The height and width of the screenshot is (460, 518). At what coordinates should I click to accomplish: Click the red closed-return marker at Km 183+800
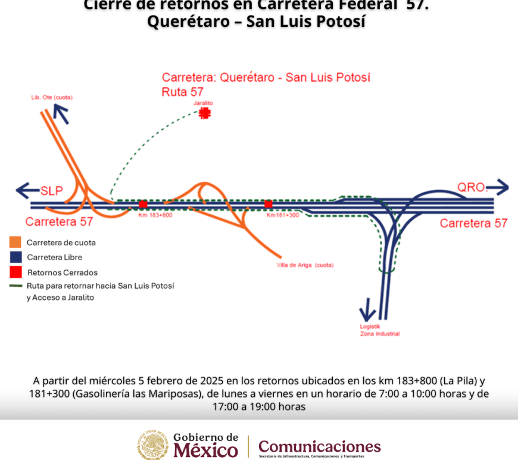tap(143, 204)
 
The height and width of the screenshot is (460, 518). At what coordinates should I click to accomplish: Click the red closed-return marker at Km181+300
tap(269, 204)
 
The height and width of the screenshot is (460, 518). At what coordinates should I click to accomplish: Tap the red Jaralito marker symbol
tap(205, 113)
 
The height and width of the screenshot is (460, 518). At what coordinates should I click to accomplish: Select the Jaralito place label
tap(203, 103)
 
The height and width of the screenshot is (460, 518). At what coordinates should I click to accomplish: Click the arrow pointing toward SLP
tap(27, 191)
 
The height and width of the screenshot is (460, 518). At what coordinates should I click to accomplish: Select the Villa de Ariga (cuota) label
tap(305, 265)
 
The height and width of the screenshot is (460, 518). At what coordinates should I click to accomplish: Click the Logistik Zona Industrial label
tap(379, 330)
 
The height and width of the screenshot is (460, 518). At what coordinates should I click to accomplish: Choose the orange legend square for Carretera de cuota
tap(15, 242)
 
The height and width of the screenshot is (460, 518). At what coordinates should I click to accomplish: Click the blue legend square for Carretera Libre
tap(15, 257)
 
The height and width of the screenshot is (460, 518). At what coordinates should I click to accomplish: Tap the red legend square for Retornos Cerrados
tap(15, 272)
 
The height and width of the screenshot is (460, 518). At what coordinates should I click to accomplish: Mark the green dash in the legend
tap(16, 286)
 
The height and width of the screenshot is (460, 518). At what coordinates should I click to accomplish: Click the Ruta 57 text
tap(182, 92)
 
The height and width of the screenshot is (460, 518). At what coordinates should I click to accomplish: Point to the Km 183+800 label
tap(155, 215)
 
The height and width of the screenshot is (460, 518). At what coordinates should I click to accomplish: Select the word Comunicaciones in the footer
tap(319, 446)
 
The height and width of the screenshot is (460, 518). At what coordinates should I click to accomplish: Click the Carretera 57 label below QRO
tap(473, 223)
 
